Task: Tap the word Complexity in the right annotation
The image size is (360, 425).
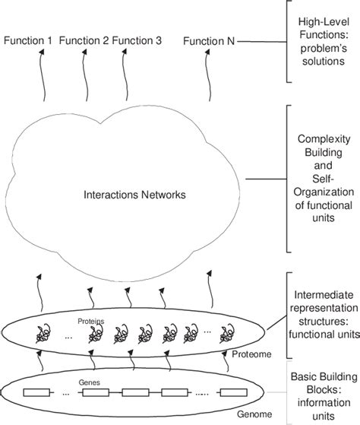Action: point(319,140)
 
